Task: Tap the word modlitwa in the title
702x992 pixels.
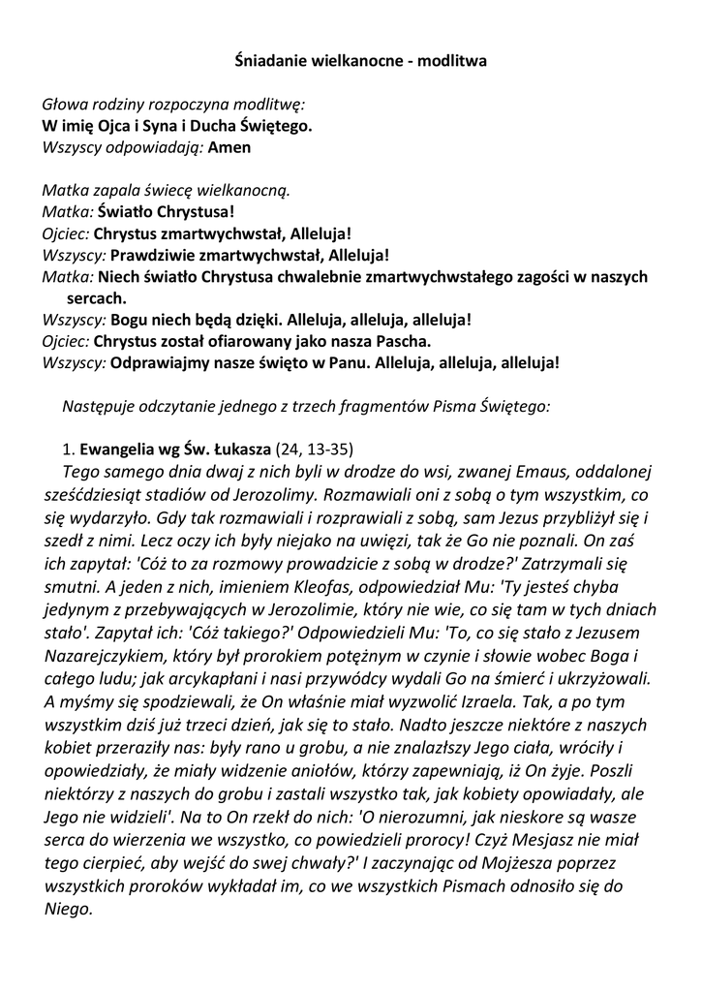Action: click(451, 60)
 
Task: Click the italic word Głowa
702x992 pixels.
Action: click(65, 105)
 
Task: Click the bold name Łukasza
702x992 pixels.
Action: click(238, 449)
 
